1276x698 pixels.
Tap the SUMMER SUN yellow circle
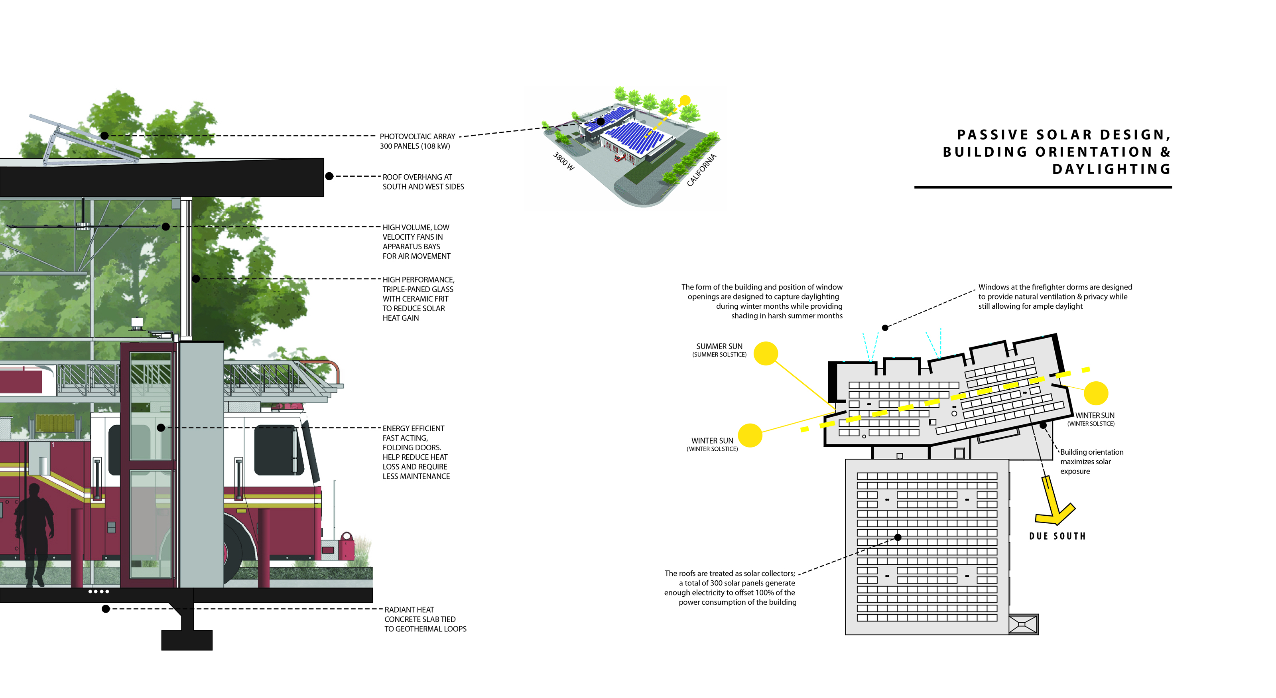tap(765, 353)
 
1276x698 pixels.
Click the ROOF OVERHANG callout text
tap(423, 182)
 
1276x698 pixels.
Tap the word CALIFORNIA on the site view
tap(701, 170)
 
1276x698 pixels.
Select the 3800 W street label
tap(563, 161)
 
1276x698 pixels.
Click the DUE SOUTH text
tap(1057, 536)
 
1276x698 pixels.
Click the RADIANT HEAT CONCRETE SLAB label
tap(425, 619)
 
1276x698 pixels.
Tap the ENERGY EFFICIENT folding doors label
tap(415, 452)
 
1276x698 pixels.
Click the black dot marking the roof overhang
tap(329, 176)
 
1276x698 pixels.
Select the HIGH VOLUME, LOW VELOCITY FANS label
tap(415, 242)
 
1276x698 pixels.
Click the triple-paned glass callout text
tap(417, 299)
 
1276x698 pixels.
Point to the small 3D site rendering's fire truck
tap(619, 158)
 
